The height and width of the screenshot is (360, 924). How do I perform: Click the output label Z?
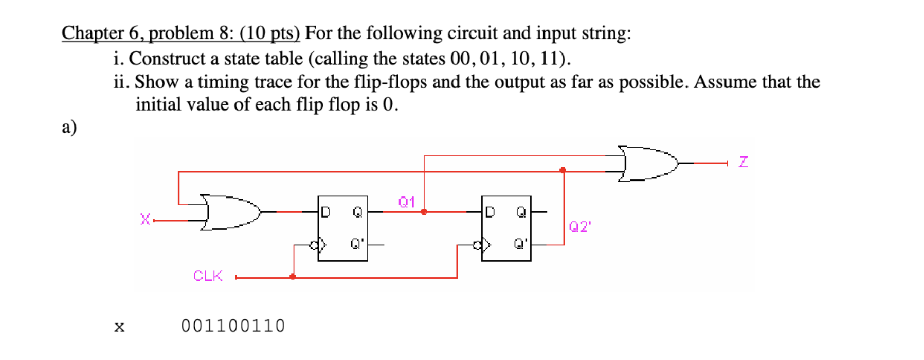coord(743,162)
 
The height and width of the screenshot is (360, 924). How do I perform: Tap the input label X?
coord(145,220)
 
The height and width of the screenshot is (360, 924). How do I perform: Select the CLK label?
coord(208,276)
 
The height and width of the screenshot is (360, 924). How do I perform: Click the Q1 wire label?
coord(406,202)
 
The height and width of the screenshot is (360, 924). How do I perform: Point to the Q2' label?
coord(580,227)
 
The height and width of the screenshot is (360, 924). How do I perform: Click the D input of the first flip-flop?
coord(325,212)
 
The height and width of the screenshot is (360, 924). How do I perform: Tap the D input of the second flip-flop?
coord(490,212)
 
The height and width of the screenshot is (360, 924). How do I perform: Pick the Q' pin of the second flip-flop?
coord(520,244)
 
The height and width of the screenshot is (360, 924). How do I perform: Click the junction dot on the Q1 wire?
coord(424,212)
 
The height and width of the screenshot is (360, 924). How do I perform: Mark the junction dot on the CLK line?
coord(293,277)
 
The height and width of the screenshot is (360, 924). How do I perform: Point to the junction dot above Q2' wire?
coord(563,170)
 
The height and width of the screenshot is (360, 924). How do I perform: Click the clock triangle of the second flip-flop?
coord(486,245)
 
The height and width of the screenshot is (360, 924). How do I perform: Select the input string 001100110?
coord(232,326)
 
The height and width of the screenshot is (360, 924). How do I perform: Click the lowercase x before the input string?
coord(119,327)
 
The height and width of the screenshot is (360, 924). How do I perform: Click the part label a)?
coord(69,127)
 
